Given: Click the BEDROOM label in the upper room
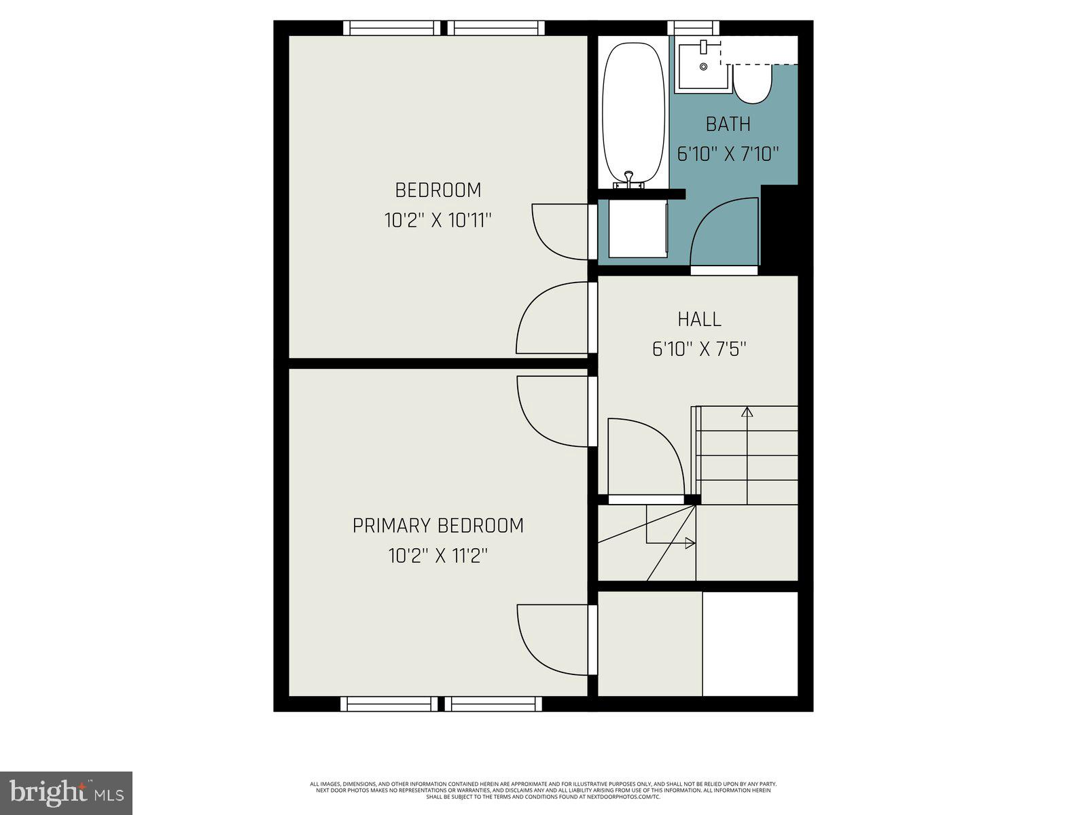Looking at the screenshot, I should (x=438, y=189).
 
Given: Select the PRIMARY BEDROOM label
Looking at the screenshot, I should (x=438, y=525).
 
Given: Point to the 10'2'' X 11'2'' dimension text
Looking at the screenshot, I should (x=438, y=556).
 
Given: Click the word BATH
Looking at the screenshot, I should (x=728, y=124).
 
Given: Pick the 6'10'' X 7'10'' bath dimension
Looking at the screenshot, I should (x=728, y=154).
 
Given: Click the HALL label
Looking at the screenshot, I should (x=699, y=319).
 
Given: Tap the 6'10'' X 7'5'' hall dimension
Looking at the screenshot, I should (x=699, y=349).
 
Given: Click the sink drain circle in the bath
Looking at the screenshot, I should (x=703, y=66).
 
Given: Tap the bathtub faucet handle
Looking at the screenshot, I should (x=629, y=179).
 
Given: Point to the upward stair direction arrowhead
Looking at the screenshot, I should (x=747, y=411).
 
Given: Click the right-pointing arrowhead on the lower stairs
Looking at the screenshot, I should (x=690, y=543).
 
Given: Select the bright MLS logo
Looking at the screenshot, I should (x=66, y=793).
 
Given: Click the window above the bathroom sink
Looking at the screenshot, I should (x=694, y=27).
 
